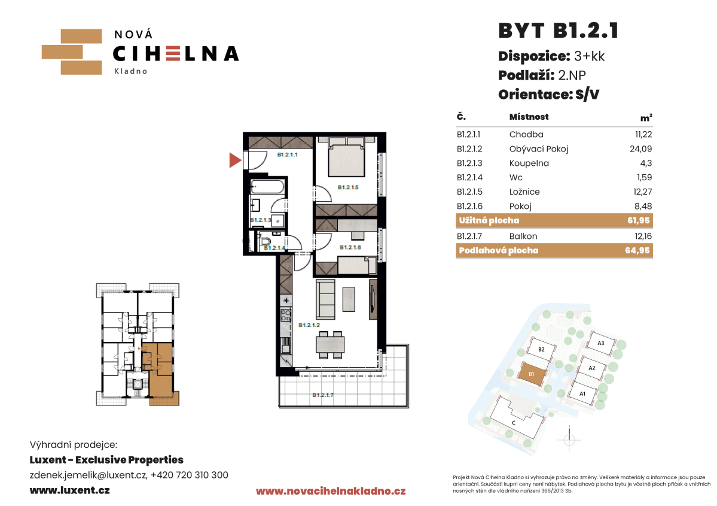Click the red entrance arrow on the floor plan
(234, 160)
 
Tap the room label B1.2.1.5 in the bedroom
(348, 187)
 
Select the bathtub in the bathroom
(267, 187)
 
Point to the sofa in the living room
(325, 299)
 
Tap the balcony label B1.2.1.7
(323, 395)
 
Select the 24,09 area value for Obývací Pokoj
(640, 149)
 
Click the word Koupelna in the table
(529, 163)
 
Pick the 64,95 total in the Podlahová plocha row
(637, 250)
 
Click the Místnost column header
(529, 117)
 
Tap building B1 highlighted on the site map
(532, 374)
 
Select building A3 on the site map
(601, 343)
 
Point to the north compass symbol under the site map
(569, 439)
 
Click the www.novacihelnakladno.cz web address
(331, 492)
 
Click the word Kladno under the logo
(131, 71)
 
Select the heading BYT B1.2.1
(559, 31)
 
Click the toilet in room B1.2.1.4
(266, 241)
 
